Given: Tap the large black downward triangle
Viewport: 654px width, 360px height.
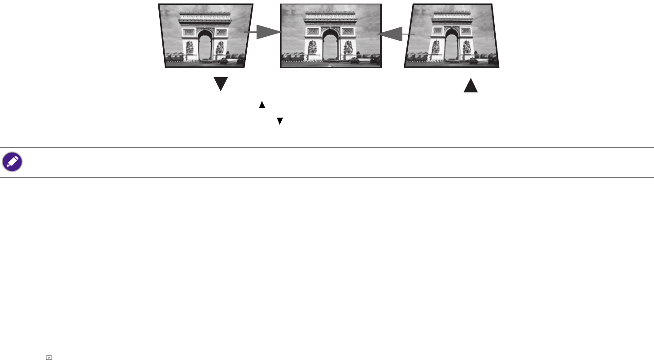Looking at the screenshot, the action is [x=221, y=84].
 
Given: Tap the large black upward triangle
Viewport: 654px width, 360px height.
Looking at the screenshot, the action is [x=471, y=85].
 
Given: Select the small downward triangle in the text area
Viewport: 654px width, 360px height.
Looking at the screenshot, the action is [x=279, y=121].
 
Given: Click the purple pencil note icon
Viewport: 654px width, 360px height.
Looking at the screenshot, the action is [x=12, y=162].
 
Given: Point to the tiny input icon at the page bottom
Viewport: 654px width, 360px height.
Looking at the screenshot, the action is [x=49, y=358].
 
